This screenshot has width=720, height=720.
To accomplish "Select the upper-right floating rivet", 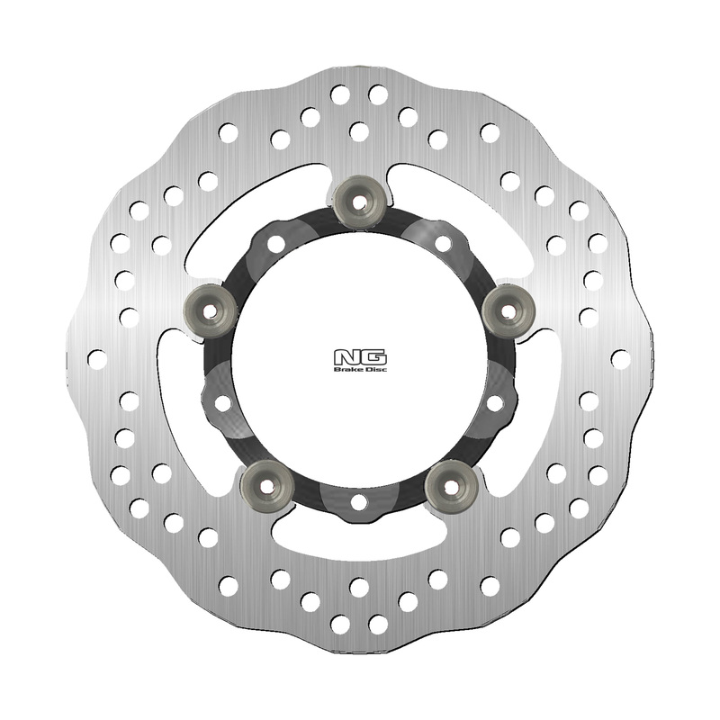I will (508, 309).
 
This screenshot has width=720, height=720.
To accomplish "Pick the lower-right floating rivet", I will (451, 486).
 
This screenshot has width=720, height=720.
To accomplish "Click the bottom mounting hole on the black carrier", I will (358, 501).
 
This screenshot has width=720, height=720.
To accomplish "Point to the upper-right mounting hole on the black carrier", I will (443, 243).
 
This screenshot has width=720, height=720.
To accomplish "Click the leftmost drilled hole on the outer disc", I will (97, 358).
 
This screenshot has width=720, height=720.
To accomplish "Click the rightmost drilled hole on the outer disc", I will (620, 358).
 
